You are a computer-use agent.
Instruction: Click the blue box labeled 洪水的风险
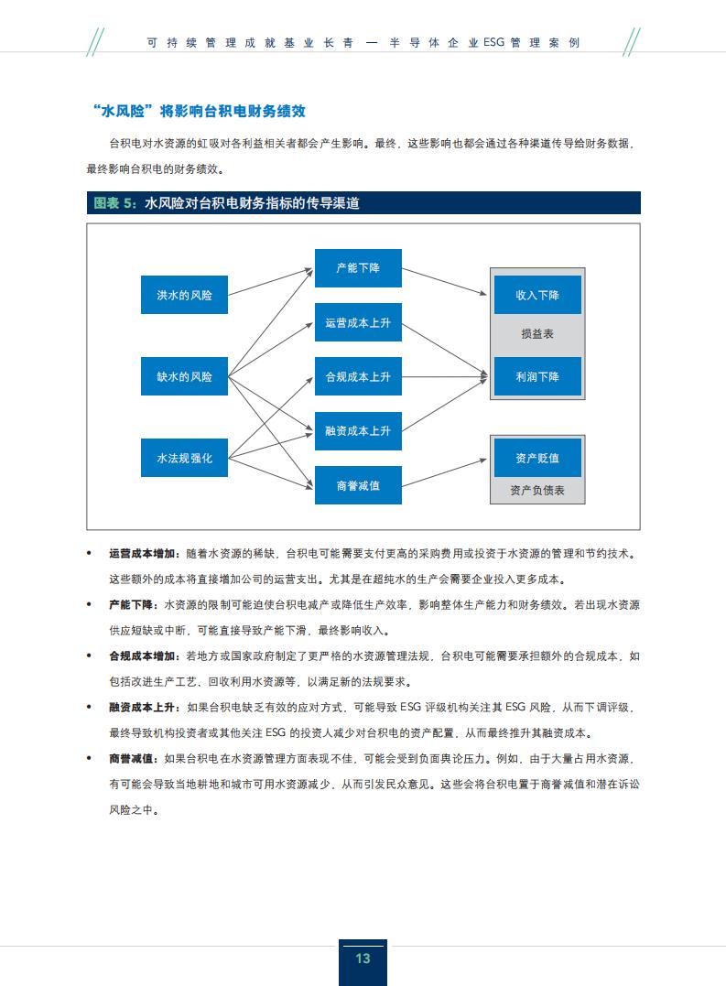[184, 294]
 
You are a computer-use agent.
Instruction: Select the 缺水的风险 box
[184, 376]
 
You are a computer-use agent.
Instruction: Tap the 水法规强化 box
[184, 458]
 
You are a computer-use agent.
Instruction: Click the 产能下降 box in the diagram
[358, 268]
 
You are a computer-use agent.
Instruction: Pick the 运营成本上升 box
[358, 322]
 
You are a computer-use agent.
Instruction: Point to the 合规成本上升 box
[358, 376]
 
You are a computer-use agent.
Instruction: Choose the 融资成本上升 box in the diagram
[358, 431]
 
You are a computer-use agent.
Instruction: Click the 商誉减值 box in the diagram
[358, 485]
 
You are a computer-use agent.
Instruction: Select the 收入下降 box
[537, 294]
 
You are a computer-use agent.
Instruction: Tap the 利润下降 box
[537, 376]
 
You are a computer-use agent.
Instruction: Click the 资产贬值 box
[537, 458]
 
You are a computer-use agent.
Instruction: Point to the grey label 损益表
[537, 334]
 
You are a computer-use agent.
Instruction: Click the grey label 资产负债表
[537, 491]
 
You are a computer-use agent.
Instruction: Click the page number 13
[363, 959]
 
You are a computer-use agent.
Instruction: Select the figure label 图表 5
[114, 203]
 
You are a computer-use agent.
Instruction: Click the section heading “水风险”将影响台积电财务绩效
[199, 112]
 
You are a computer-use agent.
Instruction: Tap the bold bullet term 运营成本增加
[142, 553]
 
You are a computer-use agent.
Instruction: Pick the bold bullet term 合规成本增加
[142, 656]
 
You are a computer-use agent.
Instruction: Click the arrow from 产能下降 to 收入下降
[444, 281]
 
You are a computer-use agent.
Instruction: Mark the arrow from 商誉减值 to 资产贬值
[444, 473]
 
